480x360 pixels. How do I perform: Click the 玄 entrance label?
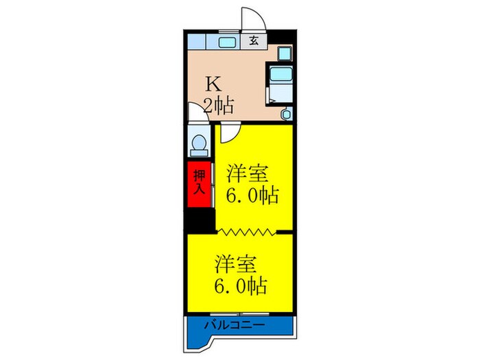coord(254,40)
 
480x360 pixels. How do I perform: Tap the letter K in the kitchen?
coord(215,85)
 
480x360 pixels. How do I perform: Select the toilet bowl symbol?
coord(199,144)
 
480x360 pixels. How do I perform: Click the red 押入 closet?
coord(199,183)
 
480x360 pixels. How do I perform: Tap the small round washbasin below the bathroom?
coord(287,114)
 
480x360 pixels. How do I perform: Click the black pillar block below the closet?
coord(199,220)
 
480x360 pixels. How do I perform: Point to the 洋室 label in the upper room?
coord(248,171)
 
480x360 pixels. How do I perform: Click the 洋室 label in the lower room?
coord(237,263)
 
